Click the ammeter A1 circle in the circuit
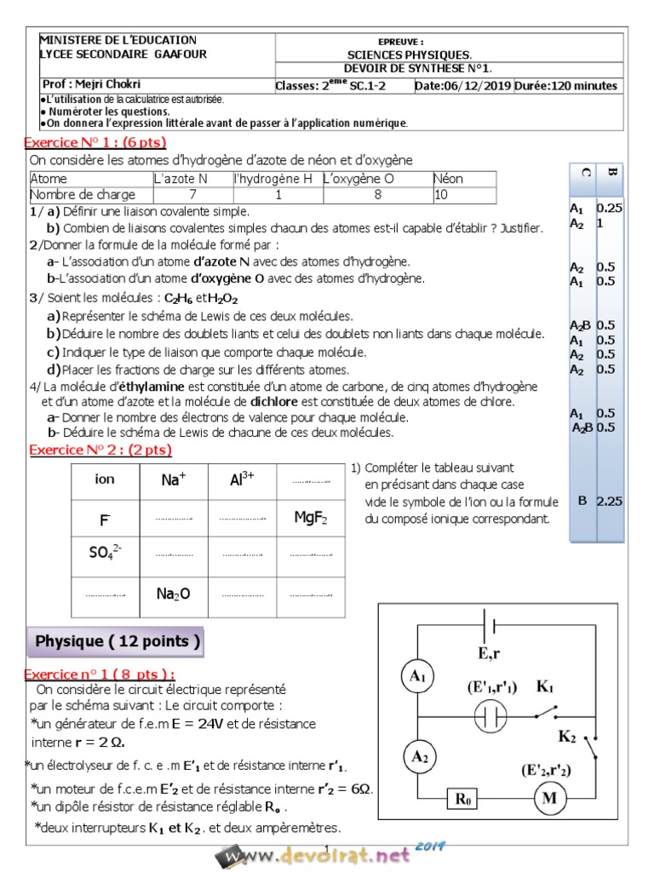click(417, 676)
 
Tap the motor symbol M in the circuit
click(549, 799)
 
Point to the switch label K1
click(544, 686)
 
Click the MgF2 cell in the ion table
click(310, 517)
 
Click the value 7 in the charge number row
click(192, 194)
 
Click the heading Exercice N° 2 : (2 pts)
click(100, 450)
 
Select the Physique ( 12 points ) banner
click(118, 642)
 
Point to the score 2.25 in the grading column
click(609, 502)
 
